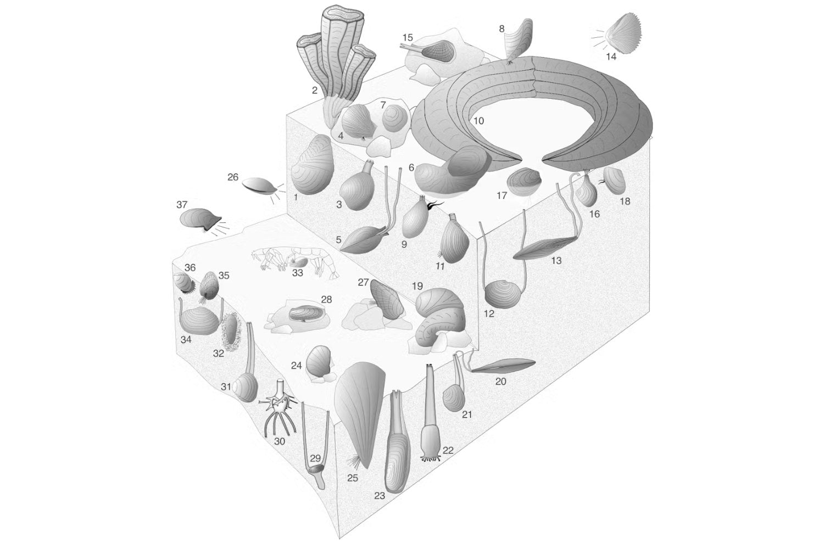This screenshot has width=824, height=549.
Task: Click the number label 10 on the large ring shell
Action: pyautogui.click(x=478, y=120)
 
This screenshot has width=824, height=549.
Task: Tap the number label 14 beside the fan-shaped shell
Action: pyautogui.click(x=611, y=57)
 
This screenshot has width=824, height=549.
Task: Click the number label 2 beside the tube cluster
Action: pyautogui.click(x=315, y=90)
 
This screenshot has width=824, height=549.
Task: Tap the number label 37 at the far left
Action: pyautogui.click(x=182, y=204)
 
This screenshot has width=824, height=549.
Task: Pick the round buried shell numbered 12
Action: pyautogui.click(x=503, y=295)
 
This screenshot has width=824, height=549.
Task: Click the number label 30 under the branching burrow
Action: pyautogui.click(x=280, y=441)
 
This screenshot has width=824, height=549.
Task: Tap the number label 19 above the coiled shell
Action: pyautogui.click(x=417, y=286)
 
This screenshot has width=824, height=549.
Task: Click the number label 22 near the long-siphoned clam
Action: pyautogui.click(x=448, y=450)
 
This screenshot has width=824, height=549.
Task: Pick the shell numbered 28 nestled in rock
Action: pyautogui.click(x=306, y=313)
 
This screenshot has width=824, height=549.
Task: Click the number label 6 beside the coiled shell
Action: pyautogui.click(x=411, y=167)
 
